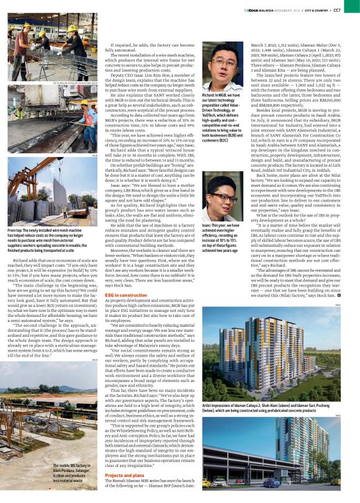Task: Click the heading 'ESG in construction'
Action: (125, 295)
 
